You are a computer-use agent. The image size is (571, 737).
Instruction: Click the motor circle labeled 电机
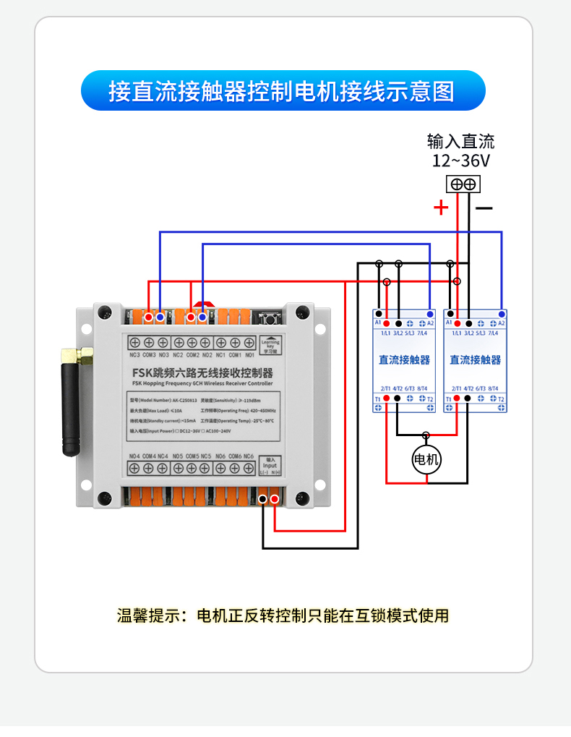coord(426,459)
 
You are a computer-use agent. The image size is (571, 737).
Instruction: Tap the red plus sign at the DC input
coord(441,208)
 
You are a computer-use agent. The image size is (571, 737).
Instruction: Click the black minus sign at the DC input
coord(484,208)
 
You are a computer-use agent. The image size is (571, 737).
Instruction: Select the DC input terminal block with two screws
coord(463,184)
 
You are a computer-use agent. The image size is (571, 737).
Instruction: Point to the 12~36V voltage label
coord(461,161)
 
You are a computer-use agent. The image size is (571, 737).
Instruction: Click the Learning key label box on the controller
coord(270,344)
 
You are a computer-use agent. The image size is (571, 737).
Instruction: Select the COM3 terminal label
coord(149,355)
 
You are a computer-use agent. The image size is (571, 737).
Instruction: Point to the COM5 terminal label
coord(192,456)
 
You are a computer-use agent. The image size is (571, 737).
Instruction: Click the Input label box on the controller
coord(270,466)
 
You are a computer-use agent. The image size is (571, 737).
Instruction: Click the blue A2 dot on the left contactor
coord(430,314)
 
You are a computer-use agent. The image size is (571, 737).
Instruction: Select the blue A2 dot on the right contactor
coord(502,314)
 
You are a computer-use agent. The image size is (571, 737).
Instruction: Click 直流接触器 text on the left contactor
coord(404,359)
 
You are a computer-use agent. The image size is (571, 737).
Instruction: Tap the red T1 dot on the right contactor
coord(458,399)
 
